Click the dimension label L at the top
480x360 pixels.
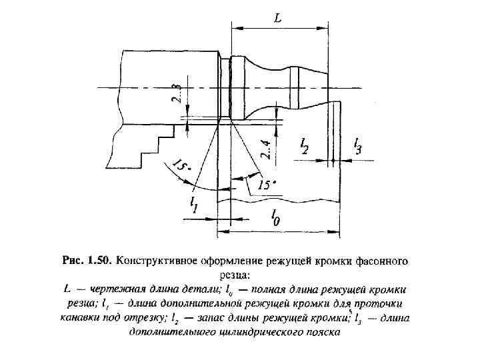(x=278, y=19)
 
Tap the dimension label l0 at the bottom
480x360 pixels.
(x=275, y=217)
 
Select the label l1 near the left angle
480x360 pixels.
(x=194, y=204)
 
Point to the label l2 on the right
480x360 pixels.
(x=304, y=146)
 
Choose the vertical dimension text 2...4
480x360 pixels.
(x=266, y=149)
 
